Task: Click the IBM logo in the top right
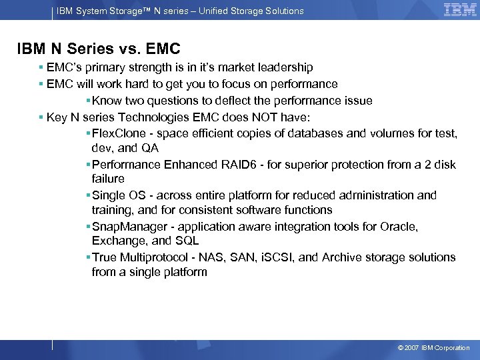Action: pyautogui.click(x=460, y=10)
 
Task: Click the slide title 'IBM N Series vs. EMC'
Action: pyautogui.click(x=99, y=49)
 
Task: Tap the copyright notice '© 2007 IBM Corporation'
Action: pyautogui.click(x=433, y=348)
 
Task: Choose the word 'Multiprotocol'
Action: pyautogui.click(x=153, y=257)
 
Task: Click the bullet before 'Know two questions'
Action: pyautogui.click(x=88, y=101)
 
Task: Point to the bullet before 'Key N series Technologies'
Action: pyautogui.click(x=41, y=118)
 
